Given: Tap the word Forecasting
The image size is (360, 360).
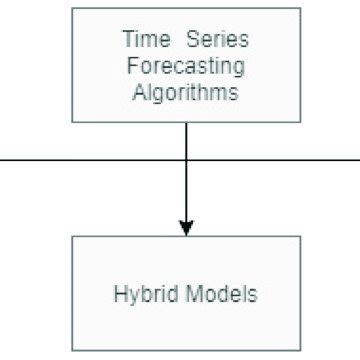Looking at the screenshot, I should click(x=186, y=67).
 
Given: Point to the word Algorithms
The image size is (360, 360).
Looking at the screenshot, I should click(x=186, y=94).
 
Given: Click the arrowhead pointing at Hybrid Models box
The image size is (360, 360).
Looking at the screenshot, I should click(x=186, y=227).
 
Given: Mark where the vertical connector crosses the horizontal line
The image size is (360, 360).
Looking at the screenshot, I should click(x=186, y=159).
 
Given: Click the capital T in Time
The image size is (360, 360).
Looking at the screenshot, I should click(x=126, y=40).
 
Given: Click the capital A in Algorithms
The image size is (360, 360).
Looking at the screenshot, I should click(x=138, y=94).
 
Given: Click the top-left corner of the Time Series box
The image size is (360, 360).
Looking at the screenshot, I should click(x=73, y=9).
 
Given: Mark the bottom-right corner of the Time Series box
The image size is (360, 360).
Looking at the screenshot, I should click(x=300, y=122).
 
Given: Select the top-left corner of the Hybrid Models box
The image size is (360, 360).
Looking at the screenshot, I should click(x=73, y=237).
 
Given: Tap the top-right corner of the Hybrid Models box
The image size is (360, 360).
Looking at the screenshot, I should click(x=300, y=237).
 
